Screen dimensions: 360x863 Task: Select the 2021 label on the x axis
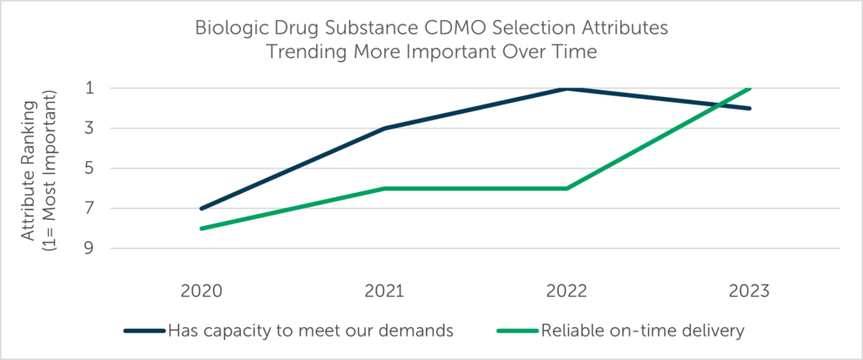tap(384, 291)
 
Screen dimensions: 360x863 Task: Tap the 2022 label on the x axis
tap(567, 291)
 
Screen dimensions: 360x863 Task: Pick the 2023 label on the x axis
tap(749, 291)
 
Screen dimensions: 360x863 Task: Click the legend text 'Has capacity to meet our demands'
tap(312, 330)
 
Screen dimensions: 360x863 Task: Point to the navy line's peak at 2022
tap(567, 88)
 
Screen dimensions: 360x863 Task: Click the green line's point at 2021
tap(384, 188)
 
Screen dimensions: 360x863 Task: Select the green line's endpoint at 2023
tap(749, 88)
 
